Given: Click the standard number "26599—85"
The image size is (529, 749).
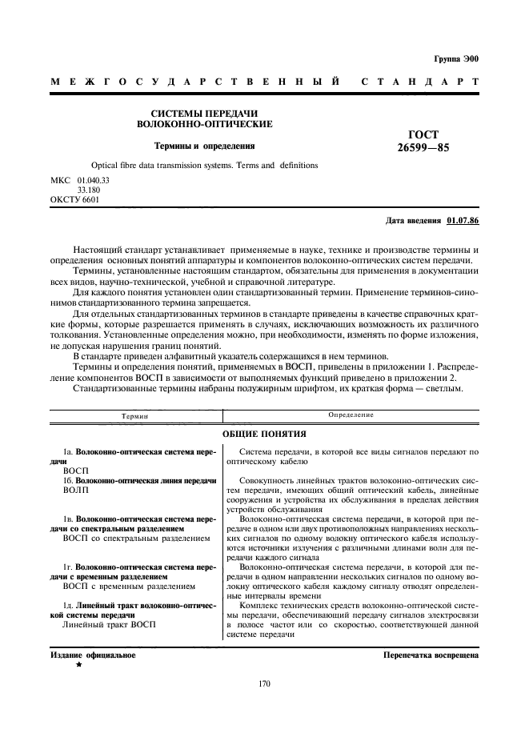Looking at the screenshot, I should (x=424, y=147).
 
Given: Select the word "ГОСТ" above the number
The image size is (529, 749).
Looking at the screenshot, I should (x=424, y=134).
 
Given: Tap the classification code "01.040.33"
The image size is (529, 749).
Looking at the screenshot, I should (x=94, y=180).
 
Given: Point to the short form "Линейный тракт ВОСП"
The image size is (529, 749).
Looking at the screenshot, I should (x=107, y=623).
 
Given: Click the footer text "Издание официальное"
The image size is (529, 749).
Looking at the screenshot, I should (x=93, y=655).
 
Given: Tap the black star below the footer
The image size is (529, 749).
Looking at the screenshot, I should (x=78, y=665).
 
